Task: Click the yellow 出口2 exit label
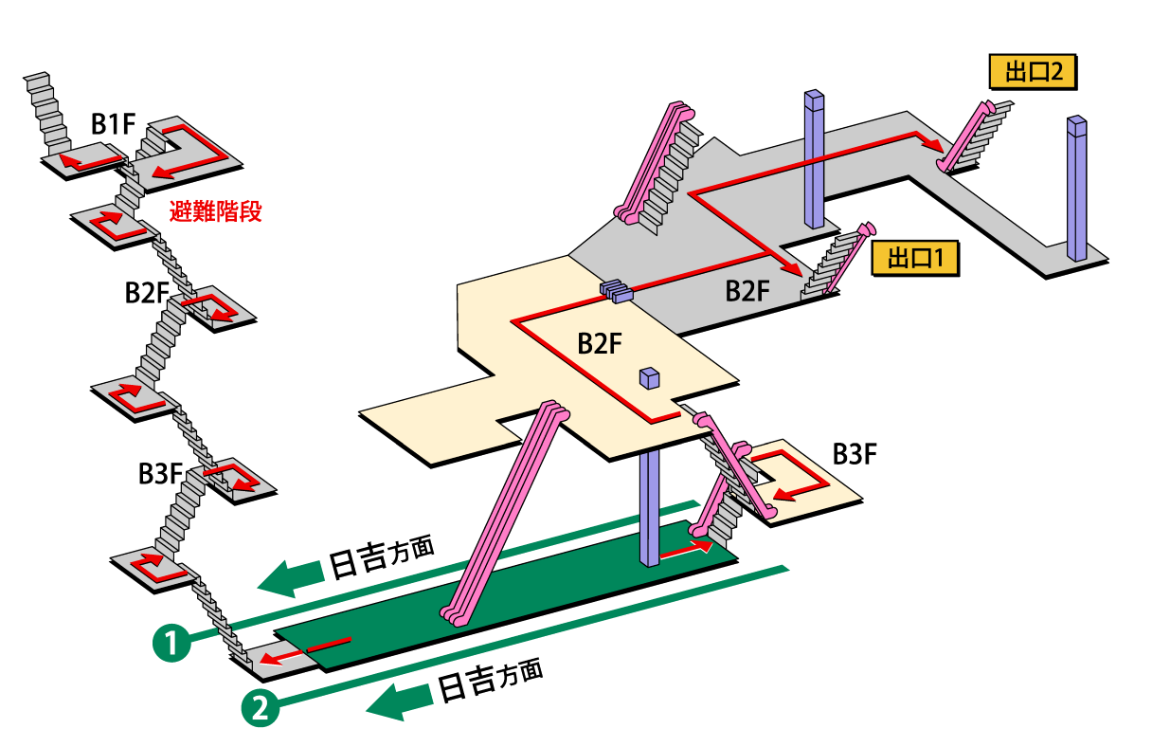1031,72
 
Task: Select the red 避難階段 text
215,212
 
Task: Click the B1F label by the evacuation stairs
112,124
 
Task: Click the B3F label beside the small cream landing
855,454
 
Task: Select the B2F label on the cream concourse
600,344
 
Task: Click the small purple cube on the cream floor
650,378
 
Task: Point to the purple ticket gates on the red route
616,290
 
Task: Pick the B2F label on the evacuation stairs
146,293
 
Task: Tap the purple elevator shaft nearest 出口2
1076,188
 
